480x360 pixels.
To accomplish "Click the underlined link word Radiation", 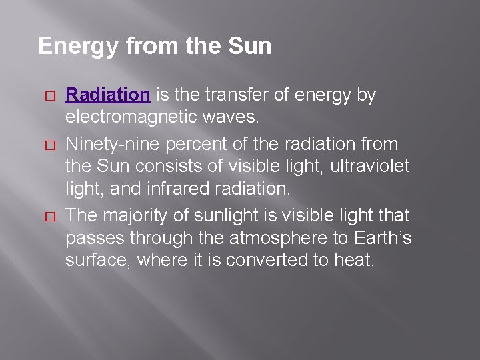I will pyautogui.click(x=107, y=95).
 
